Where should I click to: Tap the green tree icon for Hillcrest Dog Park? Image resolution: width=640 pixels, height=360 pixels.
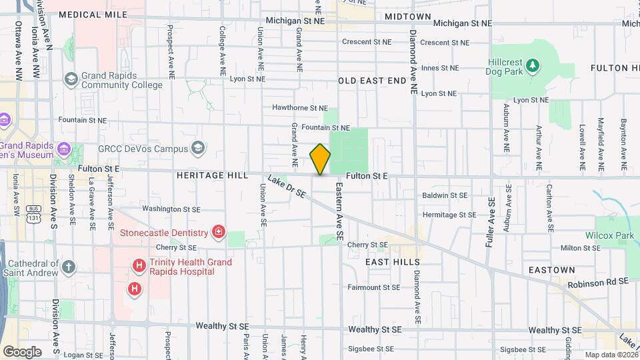coord(532,65)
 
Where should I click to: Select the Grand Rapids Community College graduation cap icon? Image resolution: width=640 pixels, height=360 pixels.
coord(71,80)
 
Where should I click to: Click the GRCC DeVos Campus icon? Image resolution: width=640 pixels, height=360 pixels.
coord(197,147)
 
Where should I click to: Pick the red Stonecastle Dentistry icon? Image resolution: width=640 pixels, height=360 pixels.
coord(218,233)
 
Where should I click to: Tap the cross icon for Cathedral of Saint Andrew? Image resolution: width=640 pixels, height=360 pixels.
coord(69,267)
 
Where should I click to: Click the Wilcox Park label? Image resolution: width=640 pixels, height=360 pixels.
coord(609,235)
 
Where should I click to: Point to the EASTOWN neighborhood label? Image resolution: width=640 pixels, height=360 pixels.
coord(551,270)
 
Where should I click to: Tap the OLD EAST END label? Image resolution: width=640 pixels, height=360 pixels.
coord(372,81)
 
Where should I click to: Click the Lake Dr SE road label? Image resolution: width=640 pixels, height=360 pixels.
coord(287,186)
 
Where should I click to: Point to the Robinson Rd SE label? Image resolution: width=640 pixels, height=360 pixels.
coord(598,283)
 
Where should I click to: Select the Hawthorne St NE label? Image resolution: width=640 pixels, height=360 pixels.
coord(300,107)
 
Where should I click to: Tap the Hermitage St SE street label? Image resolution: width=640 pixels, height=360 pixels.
coord(449,215)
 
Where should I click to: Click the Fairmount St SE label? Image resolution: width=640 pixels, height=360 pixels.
coord(373,287)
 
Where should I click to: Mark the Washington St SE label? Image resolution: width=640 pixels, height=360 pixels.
coord(171,208)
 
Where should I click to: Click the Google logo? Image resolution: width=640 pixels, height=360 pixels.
coord(22,351)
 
